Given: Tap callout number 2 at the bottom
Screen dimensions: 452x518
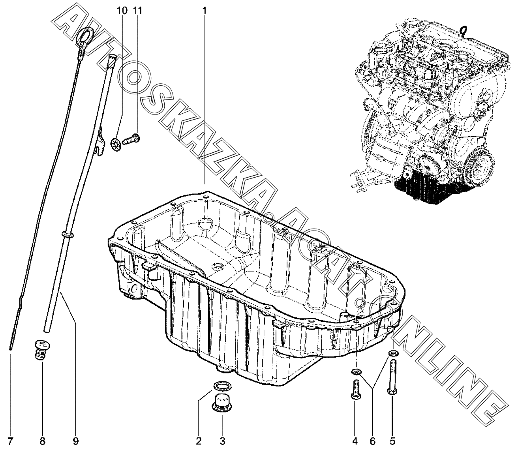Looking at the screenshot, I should (x=199, y=441).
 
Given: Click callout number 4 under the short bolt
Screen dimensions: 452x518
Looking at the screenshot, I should (x=355, y=441).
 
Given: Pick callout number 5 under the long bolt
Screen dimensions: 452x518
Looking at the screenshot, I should (x=392, y=441).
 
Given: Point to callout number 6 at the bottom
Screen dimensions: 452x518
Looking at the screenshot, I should (x=373, y=441).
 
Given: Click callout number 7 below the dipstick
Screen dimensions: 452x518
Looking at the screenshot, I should (x=11, y=441).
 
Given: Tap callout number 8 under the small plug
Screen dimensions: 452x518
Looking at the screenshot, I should (x=42, y=441).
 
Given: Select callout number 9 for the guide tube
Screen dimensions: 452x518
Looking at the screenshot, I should (x=75, y=441).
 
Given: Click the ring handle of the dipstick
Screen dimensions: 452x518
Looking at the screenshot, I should (x=84, y=36).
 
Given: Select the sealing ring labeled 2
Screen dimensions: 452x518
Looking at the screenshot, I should (x=222, y=386).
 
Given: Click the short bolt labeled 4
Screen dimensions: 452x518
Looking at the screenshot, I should (x=355, y=389).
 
